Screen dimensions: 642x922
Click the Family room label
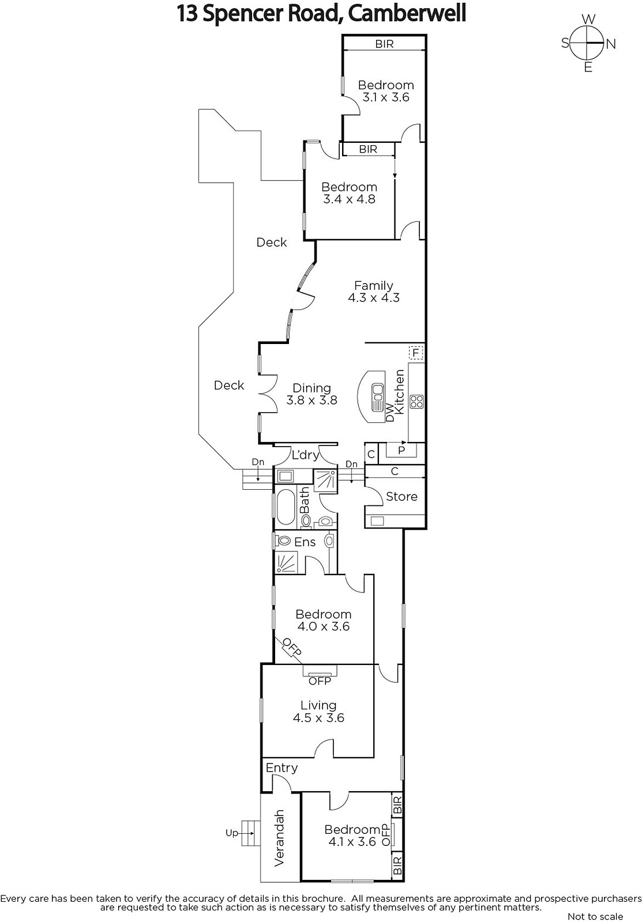point(373,285)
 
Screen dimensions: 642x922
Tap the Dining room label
point(311,388)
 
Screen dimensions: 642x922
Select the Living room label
point(318,705)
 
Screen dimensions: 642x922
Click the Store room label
point(401,496)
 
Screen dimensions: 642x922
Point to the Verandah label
point(279,838)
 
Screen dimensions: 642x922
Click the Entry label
point(281,768)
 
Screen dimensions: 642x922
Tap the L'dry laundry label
point(305,455)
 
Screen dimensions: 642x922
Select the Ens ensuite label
point(305,542)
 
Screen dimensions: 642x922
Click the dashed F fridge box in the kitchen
point(416,353)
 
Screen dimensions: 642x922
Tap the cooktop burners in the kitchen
point(416,402)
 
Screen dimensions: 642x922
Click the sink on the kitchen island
point(377,397)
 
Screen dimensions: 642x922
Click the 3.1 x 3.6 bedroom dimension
point(386,97)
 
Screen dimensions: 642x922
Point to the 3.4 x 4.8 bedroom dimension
point(349,199)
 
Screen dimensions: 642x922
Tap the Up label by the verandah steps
point(231,833)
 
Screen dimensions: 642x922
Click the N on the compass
point(611,44)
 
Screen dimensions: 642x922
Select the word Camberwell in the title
point(407,14)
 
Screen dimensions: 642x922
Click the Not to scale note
point(595,916)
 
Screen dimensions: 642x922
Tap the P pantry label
point(401,450)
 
